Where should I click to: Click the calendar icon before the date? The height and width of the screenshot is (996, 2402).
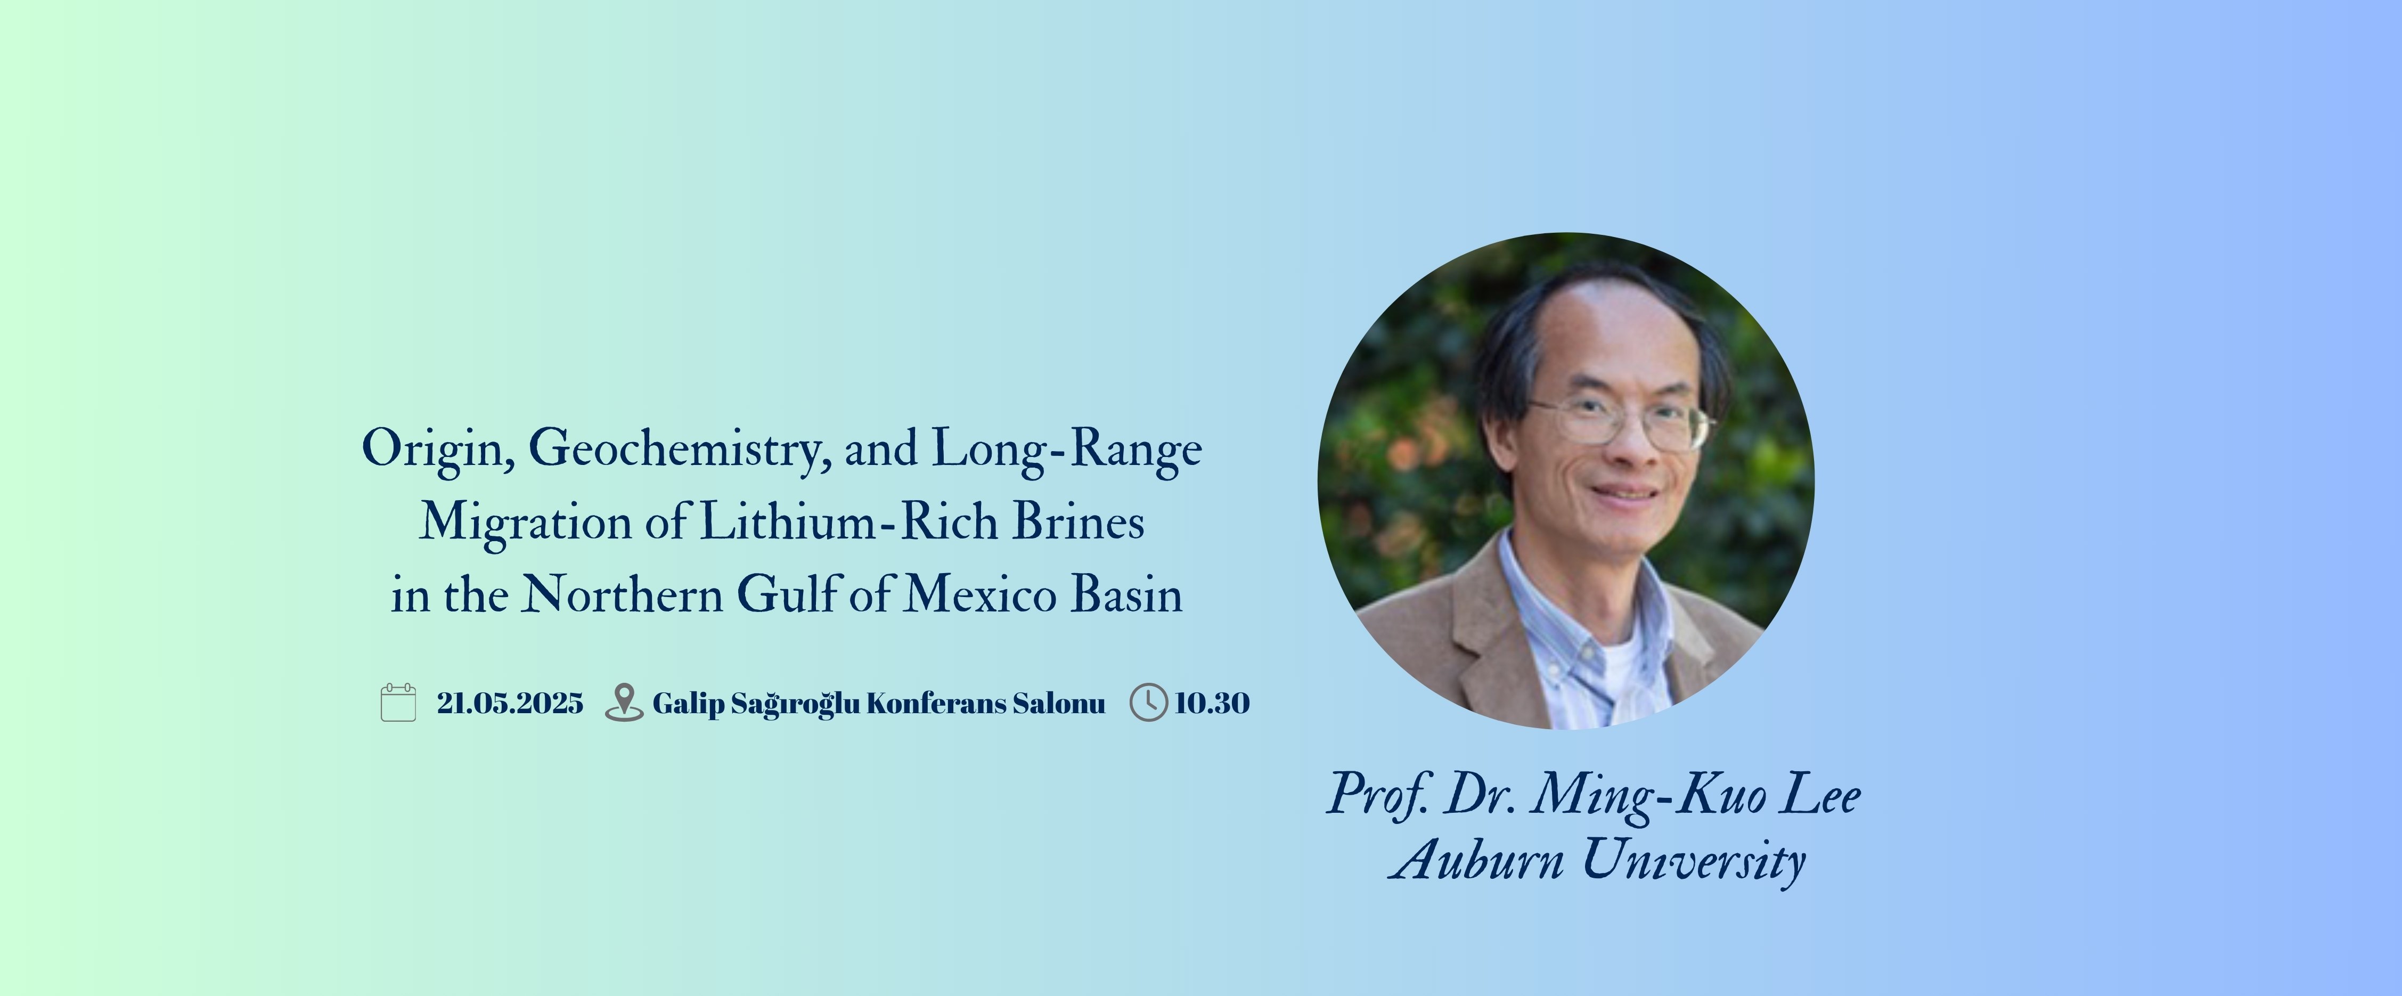tap(398, 702)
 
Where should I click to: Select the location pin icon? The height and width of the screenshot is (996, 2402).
tap(624, 702)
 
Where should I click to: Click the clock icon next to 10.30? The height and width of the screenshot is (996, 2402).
tap(1149, 702)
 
